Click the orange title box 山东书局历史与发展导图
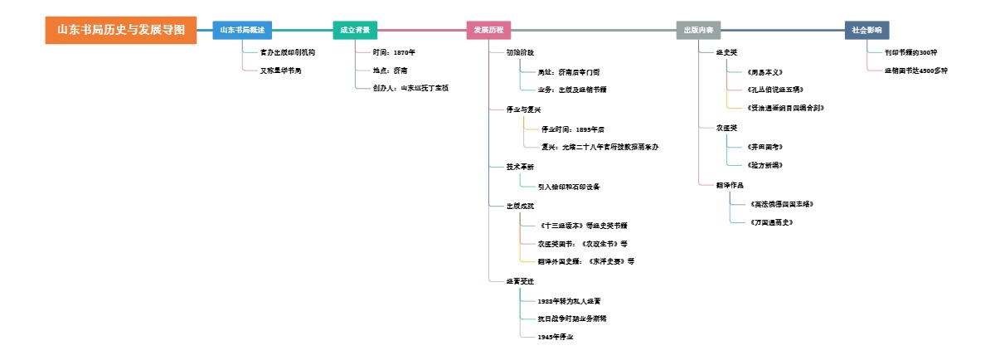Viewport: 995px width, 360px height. (x=121, y=30)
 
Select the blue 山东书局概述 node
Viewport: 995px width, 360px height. (x=241, y=30)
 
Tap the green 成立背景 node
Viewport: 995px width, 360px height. (x=355, y=30)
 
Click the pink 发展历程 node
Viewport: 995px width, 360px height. (x=488, y=30)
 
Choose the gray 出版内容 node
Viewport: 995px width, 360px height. (x=698, y=30)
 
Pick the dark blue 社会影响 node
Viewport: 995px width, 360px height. (x=866, y=30)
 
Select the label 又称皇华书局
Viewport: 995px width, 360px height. (x=280, y=71)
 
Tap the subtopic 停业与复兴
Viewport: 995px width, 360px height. (x=523, y=109)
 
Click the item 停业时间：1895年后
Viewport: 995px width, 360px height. (x=572, y=129)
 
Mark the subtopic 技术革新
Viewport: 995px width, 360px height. (x=520, y=167)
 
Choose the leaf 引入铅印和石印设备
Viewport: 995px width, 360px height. (x=569, y=187)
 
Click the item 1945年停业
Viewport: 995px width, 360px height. (x=556, y=337)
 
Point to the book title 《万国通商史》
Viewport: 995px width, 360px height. (x=771, y=222)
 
